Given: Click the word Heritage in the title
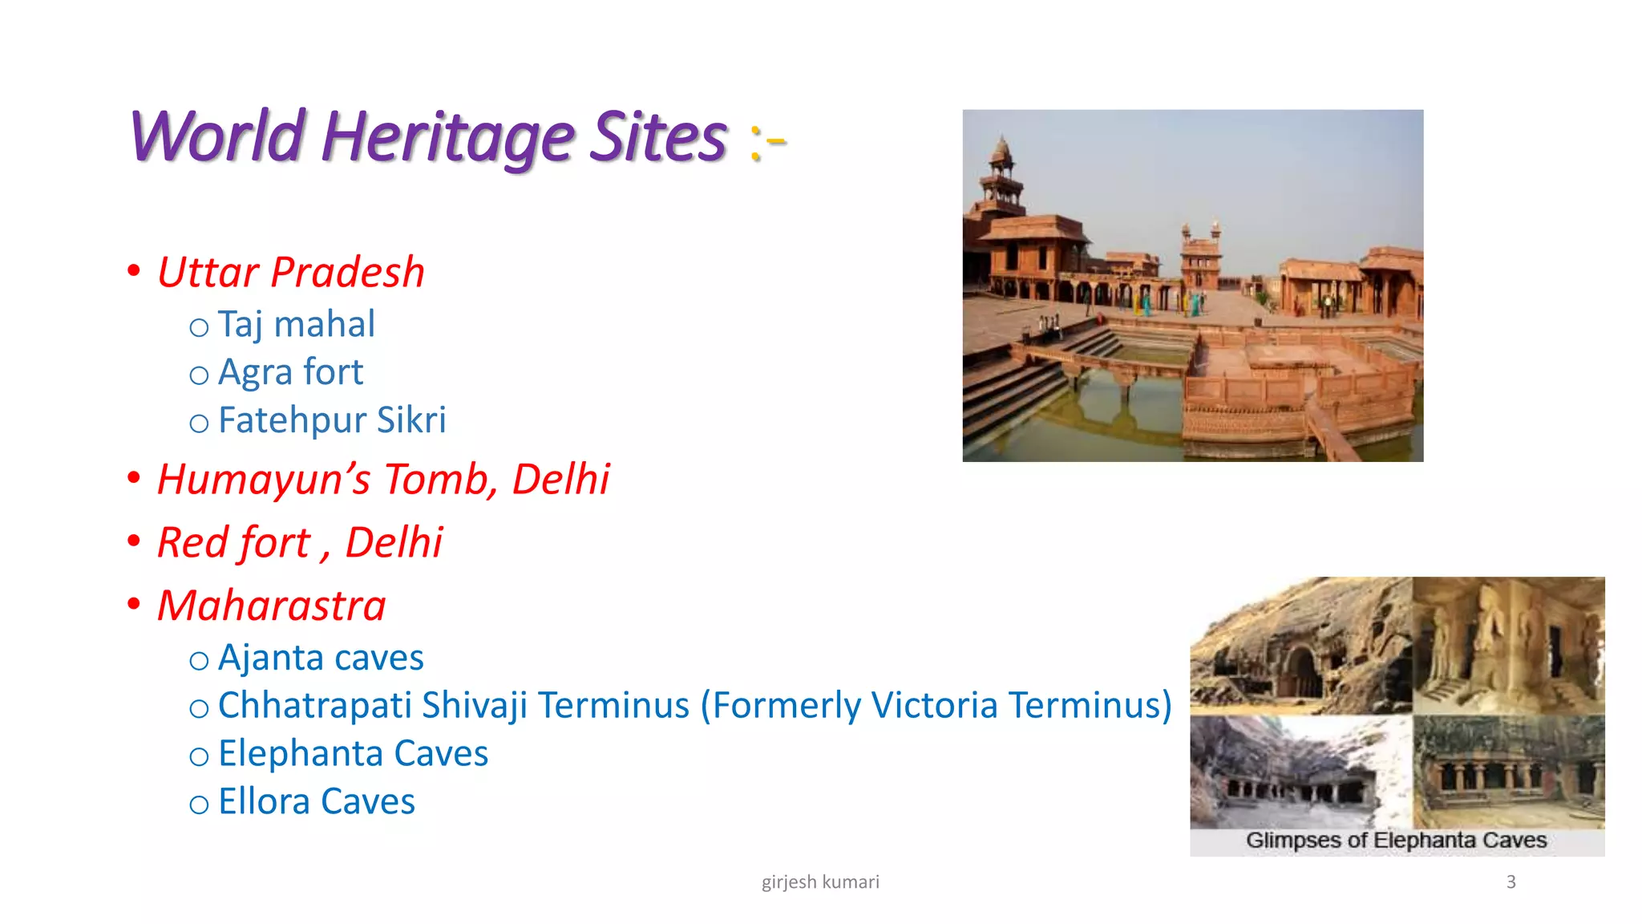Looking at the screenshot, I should [447, 138].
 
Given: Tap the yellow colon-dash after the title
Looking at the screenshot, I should [768, 143].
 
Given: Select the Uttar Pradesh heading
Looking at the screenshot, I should [290, 273].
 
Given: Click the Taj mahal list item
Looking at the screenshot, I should [296, 325].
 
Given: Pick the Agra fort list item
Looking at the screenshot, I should [290, 373].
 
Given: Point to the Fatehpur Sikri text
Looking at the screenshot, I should [332, 420].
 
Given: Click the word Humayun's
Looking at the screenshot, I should [264, 480].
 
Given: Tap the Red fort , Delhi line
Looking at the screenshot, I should [299, 543].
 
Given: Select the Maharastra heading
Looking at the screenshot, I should [272, 606].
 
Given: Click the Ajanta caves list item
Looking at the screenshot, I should [321, 659].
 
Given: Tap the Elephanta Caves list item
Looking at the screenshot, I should [353, 754].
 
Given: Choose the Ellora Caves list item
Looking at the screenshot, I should [317, 802].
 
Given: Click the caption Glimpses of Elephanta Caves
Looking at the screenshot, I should [1396, 841].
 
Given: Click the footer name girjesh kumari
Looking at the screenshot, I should [820, 882].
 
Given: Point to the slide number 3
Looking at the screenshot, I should [1511, 882].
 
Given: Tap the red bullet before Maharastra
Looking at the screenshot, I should [134, 604].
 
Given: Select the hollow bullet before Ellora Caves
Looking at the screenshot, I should [199, 804].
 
